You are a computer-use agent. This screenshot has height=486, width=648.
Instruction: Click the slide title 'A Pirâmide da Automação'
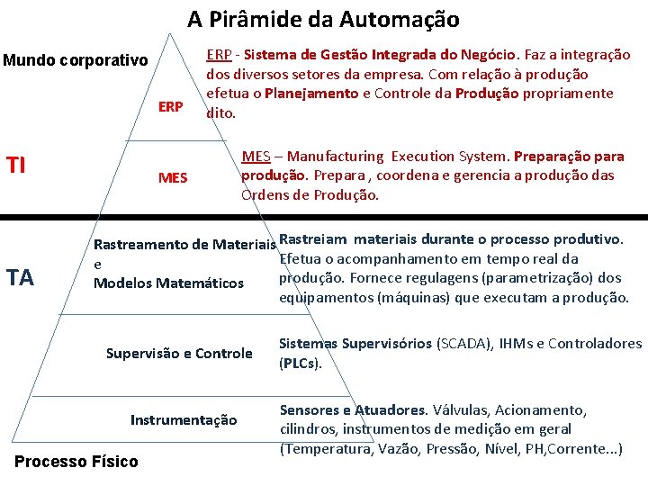click(x=323, y=19)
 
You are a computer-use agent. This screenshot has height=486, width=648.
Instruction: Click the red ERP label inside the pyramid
click(x=171, y=106)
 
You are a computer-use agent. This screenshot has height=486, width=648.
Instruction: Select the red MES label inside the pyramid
click(x=173, y=177)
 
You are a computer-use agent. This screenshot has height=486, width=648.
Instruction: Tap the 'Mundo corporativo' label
click(x=76, y=61)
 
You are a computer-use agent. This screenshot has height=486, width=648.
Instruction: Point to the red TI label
click(x=17, y=166)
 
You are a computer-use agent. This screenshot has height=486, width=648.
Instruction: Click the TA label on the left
click(x=20, y=277)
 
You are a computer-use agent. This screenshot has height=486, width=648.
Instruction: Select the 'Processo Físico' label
click(x=77, y=462)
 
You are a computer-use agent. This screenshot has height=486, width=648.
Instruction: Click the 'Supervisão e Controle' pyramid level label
click(x=179, y=353)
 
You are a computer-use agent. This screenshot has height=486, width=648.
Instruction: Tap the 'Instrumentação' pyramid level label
click(x=184, y=419)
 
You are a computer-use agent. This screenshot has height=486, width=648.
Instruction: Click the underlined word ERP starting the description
click(x=221, y=55)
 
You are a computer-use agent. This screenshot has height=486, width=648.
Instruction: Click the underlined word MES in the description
click(x=256, y=157)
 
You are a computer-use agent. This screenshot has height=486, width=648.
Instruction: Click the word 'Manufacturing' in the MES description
click(x=338, y=157)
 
